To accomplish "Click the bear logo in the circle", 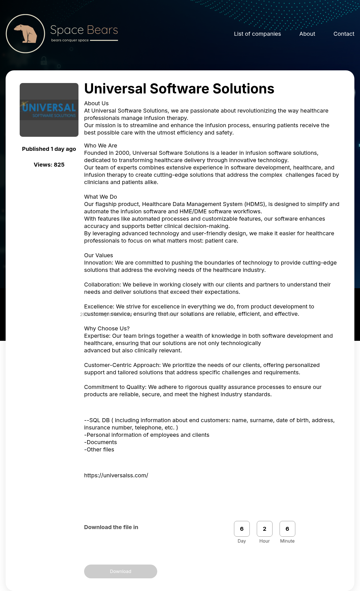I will (x=25, y=33).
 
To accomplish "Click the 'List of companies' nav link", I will (x=257, y=34).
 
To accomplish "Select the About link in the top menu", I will (x=307, y=34).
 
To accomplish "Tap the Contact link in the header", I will (x=344, y=34).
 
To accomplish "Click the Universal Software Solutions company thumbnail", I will (x=49, y=110).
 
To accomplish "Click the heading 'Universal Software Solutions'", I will (x=179, y=89).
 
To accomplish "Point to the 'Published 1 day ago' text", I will (x=49, y=149).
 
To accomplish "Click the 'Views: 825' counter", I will (x=49, y=165).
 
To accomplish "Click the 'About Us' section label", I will (x=96, y=103).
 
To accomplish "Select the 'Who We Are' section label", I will (x=100, y=145).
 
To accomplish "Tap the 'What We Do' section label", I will (x=100, y=197).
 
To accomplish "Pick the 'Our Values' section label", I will (x=98, y=255).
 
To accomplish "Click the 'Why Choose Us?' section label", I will (x=107, y=328).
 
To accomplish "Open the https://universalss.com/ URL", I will (x=116, y=475).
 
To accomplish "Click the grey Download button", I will (x=120, y=571).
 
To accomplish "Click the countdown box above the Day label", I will (x=242, y=529).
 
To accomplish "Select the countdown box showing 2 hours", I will (x=264, y=529).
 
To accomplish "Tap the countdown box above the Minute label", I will (x=287, y=529).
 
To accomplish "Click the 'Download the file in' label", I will (x=111, y=527).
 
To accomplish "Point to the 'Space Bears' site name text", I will (x=84, y=30).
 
